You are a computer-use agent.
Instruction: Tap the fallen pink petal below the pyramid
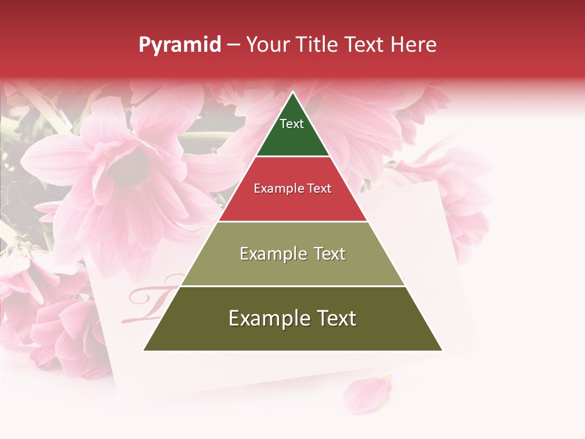366,393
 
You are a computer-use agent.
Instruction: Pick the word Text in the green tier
292,124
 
